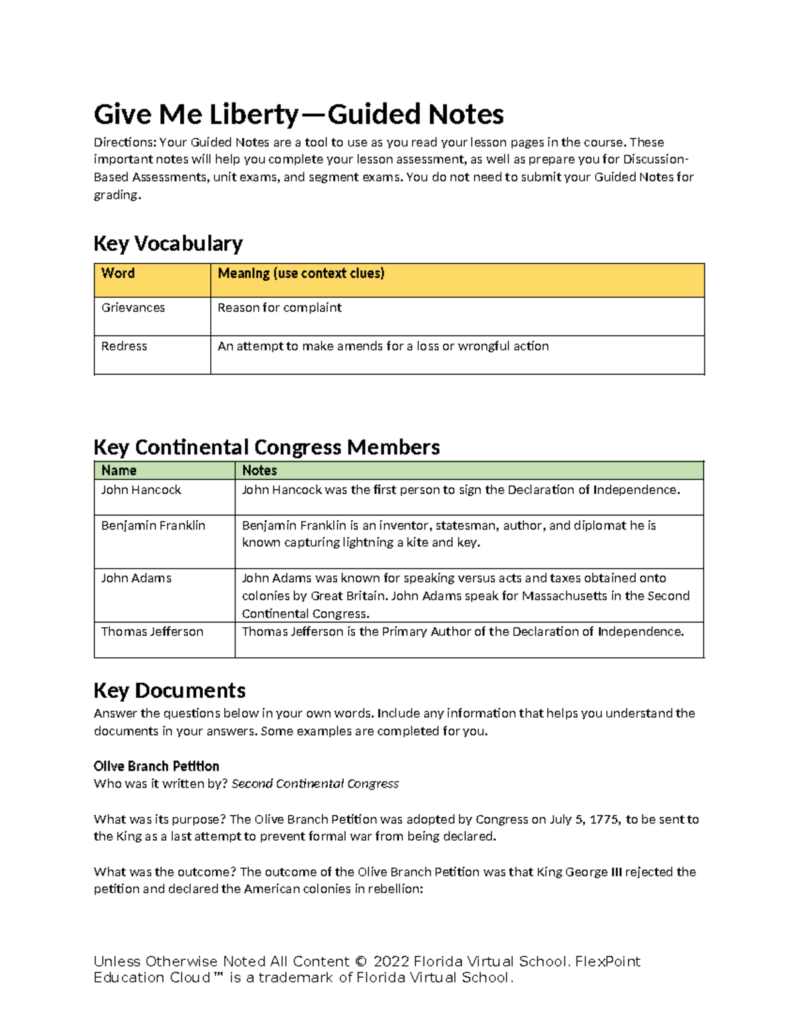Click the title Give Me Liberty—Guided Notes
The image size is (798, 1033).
click(x=299, y=114)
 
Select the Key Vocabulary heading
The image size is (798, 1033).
click(x=168, y=243)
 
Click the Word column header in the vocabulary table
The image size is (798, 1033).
click(x=118, y=273)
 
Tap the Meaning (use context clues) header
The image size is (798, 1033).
click(x=301, y=273)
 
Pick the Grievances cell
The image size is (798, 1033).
click(x=133, y=308)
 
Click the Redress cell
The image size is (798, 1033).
click(x=124, y=347)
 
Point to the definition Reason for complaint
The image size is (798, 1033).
click(x=279, y=308)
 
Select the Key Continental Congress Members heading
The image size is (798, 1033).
click(x=267, y=447)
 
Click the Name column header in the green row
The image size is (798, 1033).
click(x=118, y=471)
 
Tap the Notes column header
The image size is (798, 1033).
click(x=259, y=471)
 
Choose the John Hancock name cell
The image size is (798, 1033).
click(x=141, y=490)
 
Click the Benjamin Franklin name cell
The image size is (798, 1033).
click(x=153, y=525)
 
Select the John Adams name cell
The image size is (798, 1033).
click(x=136, y=579)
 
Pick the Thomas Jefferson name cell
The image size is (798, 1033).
click(x=152, y=632)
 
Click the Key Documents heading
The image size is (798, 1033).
click(x=170, y=690)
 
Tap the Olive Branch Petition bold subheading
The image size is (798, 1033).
click(x=156, y=766)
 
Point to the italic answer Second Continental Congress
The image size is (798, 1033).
click(x=315, y=784)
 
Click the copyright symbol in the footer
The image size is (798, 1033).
click(x=360, y=962)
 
